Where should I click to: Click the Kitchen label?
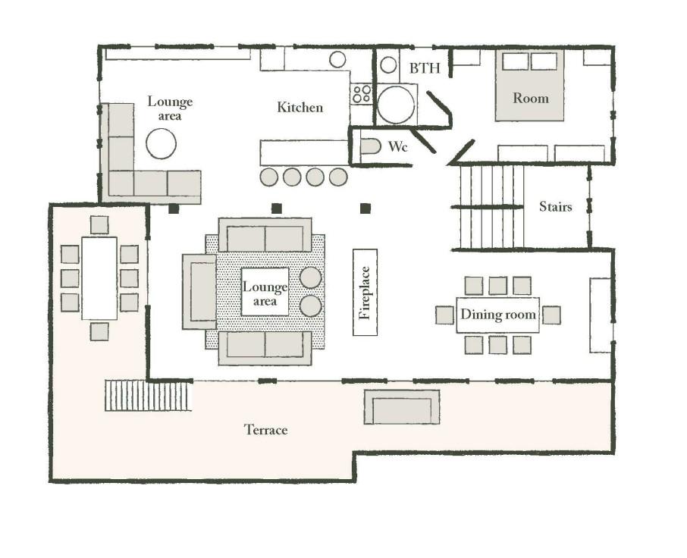pyautogui.click(x=300, y=108)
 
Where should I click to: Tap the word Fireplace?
pyautogui.click(x=365, y=293)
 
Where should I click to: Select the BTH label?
pyautogui.click(x=425, y=68)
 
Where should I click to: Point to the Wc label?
pyautogui.click(x=398, y=146)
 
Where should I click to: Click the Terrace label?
pyautogui.click(x=266, y=430)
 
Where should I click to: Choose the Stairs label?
pyautogui.click(x=556, y=206)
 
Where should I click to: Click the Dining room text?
pyautogui.click(x=497, y=315)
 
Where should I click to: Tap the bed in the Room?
pyautogui.click(x=529, y=86)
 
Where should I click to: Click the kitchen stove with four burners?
pyautogui.click(x=362, y=94)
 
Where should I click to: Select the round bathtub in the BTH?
pyautogui.click(x=396, y=105)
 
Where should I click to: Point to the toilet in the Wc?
pyautogui.click(x=371, y=146)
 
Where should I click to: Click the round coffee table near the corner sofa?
pyautogui.click(x=162, y=143)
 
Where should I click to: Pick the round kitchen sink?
pyautogui.click(x=337, y=60)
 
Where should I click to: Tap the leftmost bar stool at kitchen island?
pyautogui.click(x=268, y=177)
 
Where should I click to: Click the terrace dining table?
pyautogui.click(x=99, y=278)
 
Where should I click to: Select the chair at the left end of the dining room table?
pyautogui.click(x=444, y=315)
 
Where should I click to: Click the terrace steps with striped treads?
pyautogui.click(x=149, y=396)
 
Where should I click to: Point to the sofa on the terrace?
pyautogui.click(x=402, y=407)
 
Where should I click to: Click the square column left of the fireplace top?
pyautogui.click(x=276, y=208)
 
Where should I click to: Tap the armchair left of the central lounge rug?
pyautogui.click(x=199, y=292)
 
